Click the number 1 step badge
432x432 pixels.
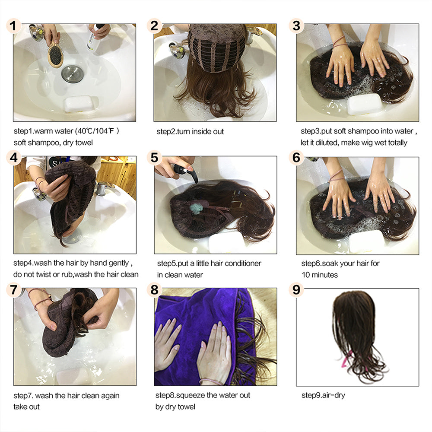[14, 26]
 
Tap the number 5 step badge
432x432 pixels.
[154, 158]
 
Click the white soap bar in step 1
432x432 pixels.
[79, 104]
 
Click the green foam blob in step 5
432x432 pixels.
[196, 208]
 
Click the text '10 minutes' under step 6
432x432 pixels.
[319, 275]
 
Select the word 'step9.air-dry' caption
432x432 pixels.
[323, 395]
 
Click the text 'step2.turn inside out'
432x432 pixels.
[190, 131]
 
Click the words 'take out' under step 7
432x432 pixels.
[26, 407]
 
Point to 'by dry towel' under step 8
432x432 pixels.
[175, 407]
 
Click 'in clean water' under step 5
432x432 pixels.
[180, 275]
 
